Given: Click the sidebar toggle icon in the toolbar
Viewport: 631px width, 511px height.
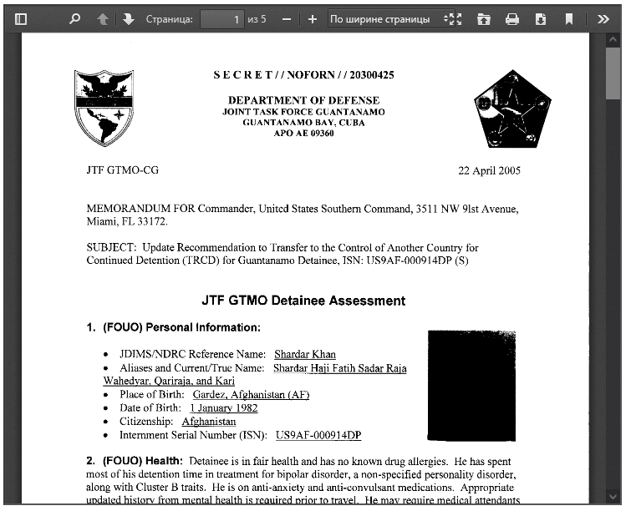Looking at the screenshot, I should [x=21, y=18].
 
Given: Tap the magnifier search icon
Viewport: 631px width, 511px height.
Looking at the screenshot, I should [x=74, y=18].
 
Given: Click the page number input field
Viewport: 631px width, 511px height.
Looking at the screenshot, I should [x=221, y=18].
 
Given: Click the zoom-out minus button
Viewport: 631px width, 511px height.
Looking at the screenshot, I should [x=286, y=18].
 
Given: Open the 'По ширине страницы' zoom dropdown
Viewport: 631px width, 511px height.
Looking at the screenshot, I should [x=386, y=18].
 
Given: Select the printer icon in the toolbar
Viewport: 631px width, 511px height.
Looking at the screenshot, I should [x=512, y=18].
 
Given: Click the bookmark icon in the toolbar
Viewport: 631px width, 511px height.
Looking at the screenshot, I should [x=569, y=18].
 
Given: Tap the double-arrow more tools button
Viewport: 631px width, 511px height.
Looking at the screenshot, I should [x=603, y=18].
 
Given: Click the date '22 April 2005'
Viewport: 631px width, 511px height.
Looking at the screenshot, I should [x=489, y=170].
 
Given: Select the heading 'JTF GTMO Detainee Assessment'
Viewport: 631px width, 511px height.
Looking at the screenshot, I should [x=303, y=301].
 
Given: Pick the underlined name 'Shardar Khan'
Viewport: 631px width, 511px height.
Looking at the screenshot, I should [x=305, y=354].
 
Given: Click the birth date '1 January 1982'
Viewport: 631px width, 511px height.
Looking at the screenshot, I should [x=223, y=408].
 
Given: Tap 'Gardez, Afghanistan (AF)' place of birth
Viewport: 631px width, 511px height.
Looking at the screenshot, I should [x=251, y=395].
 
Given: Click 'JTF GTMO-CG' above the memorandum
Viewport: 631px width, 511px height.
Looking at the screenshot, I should [x=122, y=170].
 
